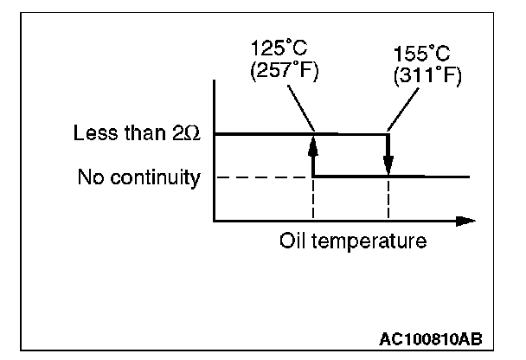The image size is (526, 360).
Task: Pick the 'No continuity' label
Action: pyautogui.click(x=138, y=178)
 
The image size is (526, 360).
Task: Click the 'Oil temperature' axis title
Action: pyautogui.click(x=352, y=241)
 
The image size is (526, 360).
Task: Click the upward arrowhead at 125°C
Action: pyautogui.click(x=312, y=140)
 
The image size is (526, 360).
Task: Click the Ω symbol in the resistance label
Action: pyautogui.click(x=195, y=134)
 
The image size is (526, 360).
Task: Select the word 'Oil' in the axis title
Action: pyautogui.click(x=291, y=241)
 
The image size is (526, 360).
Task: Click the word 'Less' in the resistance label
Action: pyautogui.click(x=93, y=134)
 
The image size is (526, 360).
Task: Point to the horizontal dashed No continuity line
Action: pyautogui.click(x=260, y=177)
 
